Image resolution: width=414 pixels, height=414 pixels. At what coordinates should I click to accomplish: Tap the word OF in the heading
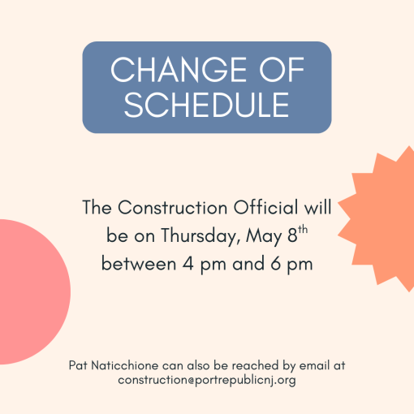point(282,70)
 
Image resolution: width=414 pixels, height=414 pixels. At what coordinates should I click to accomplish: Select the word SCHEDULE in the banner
point(207,105)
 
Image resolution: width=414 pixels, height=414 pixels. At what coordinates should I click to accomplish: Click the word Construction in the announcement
point(173,208)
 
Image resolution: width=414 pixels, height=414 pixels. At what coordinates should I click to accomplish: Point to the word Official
point(265,208)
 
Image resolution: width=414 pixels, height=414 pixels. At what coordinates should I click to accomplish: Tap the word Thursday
point(201,236)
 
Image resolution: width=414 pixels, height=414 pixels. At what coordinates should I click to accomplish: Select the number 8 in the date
point(292,235)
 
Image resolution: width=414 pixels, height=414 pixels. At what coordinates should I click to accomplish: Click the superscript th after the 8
point(303,230)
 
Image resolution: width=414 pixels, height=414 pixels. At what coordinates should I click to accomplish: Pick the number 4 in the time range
point(188,264)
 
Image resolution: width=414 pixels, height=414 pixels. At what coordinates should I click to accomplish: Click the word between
point(139,263)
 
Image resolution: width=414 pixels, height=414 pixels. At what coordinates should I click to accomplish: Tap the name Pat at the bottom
point(78,365)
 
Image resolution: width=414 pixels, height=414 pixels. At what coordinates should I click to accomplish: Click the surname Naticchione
point(125,365)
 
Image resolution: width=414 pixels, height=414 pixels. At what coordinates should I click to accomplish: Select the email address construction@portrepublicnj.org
point(207,380)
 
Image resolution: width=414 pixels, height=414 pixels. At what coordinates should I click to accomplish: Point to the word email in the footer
point(315,365)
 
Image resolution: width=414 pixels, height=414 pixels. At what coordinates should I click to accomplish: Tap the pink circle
point(30,292)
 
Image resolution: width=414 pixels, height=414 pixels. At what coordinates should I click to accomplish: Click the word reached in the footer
point(256,365)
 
